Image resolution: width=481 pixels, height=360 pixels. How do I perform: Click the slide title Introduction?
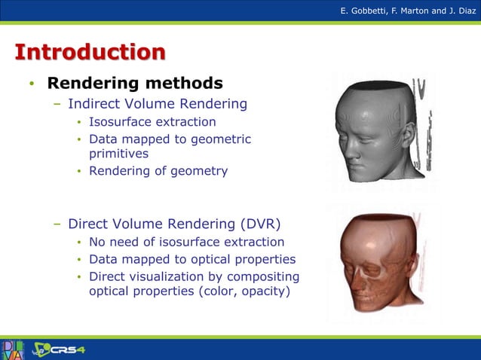click(x=90, y=53)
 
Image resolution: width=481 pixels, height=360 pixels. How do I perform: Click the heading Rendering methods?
click(x=135, y=83)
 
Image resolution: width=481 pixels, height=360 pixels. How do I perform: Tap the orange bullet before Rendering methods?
click(x=32, y=84)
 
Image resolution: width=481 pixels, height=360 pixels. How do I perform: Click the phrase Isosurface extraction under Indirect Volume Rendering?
click(x=152, y=122)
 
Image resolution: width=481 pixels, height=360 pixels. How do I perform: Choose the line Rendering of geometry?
click(x=158, y=171)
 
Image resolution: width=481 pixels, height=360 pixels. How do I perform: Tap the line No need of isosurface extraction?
click(x=186, y=242)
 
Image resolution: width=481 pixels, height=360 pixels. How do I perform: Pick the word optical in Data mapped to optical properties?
click(x=219, y=259)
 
